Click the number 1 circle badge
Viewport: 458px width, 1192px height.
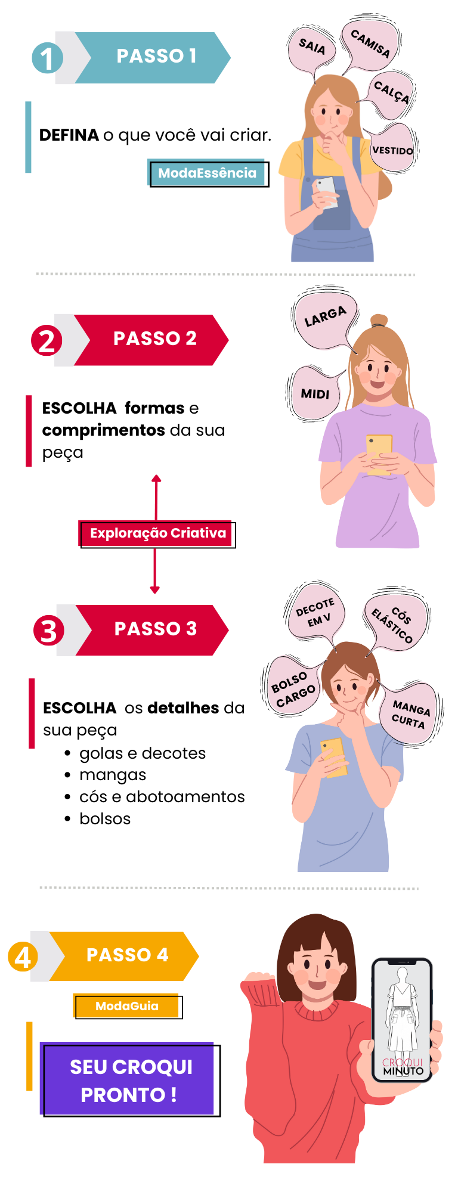tap(47, 58)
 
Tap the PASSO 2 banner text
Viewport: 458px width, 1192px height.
tap(155, 339)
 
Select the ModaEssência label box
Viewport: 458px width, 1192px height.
tap(208, 173)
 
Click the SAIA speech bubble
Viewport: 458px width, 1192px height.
tap(311, 50)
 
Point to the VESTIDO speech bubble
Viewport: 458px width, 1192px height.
tap(392, 149)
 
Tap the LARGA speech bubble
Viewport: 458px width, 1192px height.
tap(326, 317)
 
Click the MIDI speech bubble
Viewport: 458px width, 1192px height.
tap(315, 393)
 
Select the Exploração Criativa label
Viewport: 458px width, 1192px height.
tap(158, 533)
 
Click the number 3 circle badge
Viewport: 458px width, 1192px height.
tap(49, 631)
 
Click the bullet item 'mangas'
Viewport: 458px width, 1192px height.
tap(113, 775)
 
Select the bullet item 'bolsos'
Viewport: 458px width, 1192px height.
tap(105, 819)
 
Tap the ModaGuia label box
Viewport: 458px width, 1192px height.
tap(127, 1006)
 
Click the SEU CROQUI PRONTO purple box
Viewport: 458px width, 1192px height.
tap(131, 1080)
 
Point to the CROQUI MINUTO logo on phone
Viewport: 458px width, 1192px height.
tap(403, 1066)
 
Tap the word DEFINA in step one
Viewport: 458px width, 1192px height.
tap(69, 135)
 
